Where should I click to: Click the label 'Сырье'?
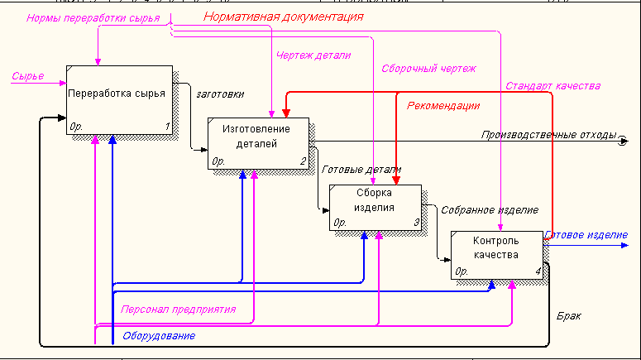tap(27, 77)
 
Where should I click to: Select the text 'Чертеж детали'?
tap(313, 56)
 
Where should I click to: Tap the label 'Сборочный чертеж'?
tap(428, 69)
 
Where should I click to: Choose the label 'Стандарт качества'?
tap(553, 85)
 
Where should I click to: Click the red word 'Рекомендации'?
tap(443, 106)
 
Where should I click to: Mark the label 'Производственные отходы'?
tap(550, 135)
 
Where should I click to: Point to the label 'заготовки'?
tap(220, 94)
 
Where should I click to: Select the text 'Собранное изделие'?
tap(490, 210)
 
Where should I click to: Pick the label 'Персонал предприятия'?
tap(179, 310)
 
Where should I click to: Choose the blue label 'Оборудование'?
tap(159, 336)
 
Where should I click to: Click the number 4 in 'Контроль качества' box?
tap(537, 271)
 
